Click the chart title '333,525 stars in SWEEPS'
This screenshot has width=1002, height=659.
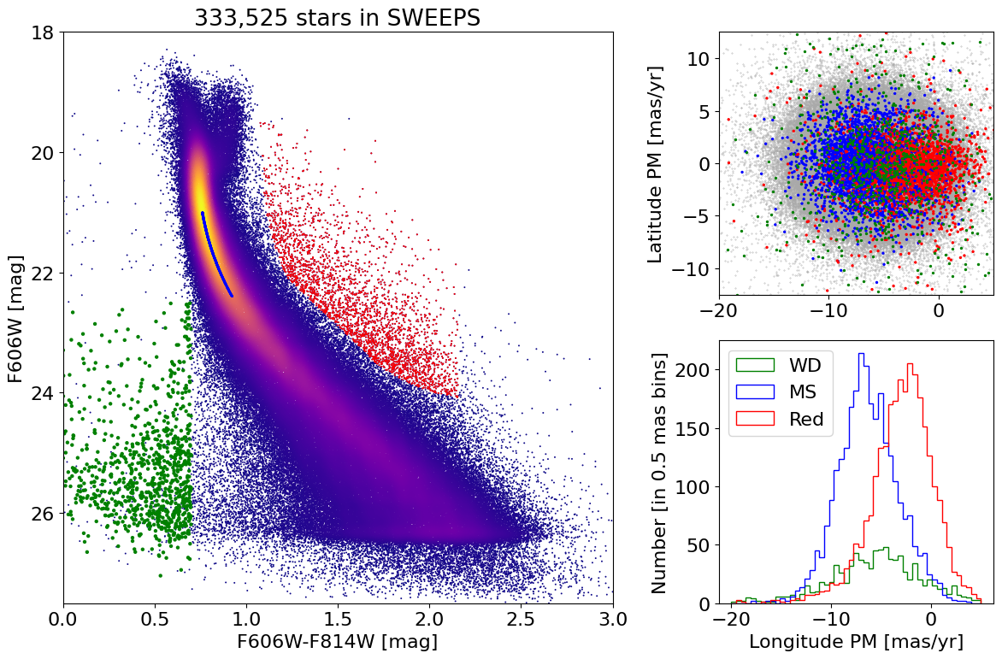338,17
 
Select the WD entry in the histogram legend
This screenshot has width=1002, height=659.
805,365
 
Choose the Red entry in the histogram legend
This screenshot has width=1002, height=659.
806,419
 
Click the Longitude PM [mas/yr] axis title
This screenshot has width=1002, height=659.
856,641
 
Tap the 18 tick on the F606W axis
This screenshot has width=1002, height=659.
43,32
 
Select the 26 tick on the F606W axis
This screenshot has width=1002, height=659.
43,514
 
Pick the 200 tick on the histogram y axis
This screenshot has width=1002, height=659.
704,369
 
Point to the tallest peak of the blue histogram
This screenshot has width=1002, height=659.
861,354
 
